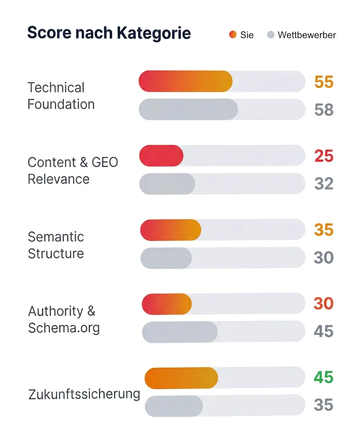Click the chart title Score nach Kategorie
109,33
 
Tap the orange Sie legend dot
233,35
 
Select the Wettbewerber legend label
306,35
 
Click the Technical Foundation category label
61,96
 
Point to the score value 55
324,82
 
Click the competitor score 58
324,110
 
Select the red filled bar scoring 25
161,156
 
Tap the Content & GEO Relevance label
72,171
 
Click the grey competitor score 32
324,184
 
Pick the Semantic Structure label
56,245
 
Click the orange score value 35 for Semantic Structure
324,230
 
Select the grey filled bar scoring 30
166,258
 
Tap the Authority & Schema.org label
63,319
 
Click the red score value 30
324,303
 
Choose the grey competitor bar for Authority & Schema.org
180,332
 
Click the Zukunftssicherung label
84,394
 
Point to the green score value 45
324,377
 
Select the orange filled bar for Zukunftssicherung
181,378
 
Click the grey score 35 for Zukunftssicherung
324,405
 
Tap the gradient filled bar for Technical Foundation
185,81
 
